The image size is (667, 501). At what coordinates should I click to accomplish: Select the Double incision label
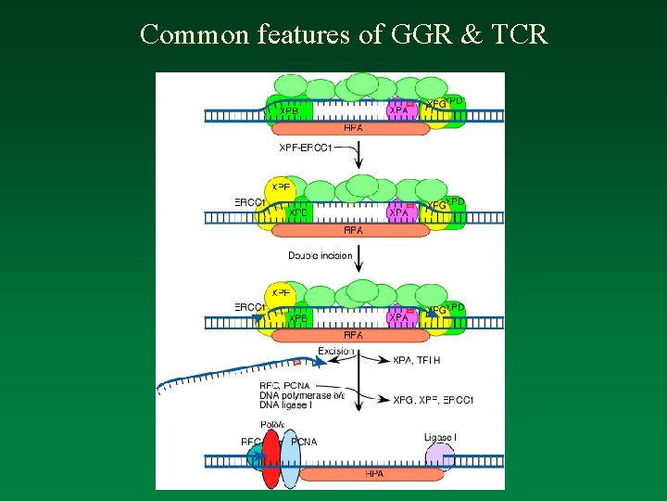click(x=320, y=255)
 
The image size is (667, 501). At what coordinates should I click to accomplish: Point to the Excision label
click(x=335, y=351)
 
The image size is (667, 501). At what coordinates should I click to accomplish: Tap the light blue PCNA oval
click(x=290, y=458)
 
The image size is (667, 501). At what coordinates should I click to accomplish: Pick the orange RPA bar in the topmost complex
click(x=353, y=129)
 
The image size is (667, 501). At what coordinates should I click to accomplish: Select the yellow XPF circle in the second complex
click(x=280, y=188)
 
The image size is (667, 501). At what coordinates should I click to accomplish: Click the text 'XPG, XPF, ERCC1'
click(x=433, y=400)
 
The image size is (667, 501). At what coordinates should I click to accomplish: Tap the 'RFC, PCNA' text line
click(x=285, y=385)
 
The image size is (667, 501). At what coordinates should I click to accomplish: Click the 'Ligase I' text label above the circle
click(x=438, y=437)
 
